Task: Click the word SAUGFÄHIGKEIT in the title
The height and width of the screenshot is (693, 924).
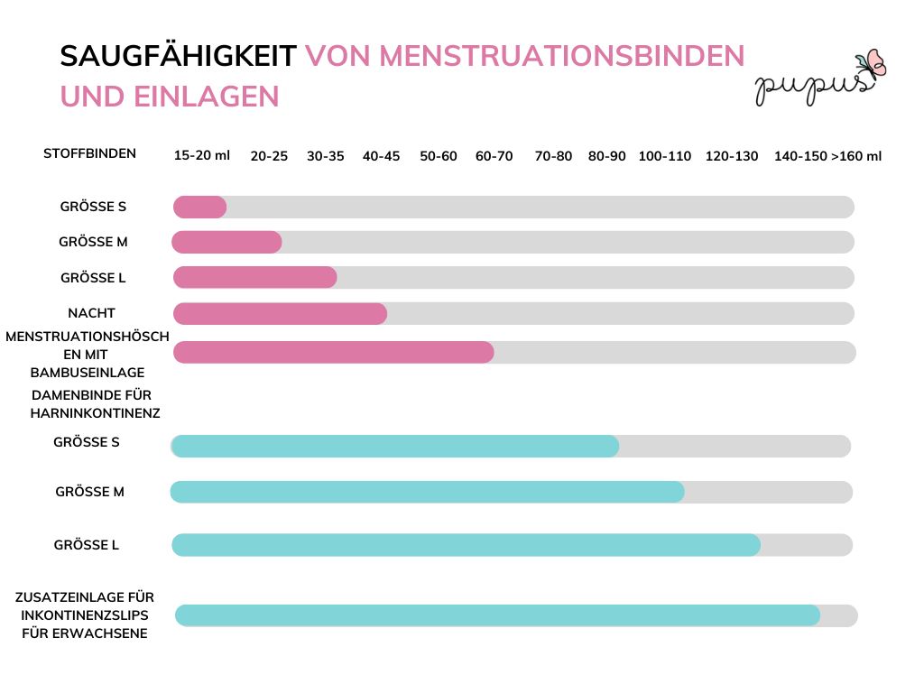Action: pyautogui.click(x=178, y=56)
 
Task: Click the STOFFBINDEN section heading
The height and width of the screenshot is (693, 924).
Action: pyautogui.click(x=89, y=153)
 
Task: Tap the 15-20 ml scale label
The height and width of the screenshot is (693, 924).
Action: pyautogui.click(x=202, y=155)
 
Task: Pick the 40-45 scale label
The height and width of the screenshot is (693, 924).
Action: pyautogui.click(x=381, y=156)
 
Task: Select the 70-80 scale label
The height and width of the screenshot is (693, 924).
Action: pyautogui.click(x=553, y=156)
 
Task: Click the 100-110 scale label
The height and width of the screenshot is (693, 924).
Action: pyautogui.click(x=664, y=156)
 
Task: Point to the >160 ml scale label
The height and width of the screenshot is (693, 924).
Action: pyautogui.click(x=856, y=156)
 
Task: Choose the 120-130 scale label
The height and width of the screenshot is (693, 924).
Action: pyautogui.click(x=732, y=156)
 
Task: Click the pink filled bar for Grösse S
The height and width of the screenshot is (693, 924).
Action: pyautogui.click(x=199, y=207)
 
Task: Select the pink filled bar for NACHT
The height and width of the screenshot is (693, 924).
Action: pyautogui.click(x=280, y=313)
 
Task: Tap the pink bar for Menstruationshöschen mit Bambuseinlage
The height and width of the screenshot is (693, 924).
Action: pyautogui.click(x=333, y=352)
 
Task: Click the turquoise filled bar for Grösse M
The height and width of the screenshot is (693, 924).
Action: pyautogui.click(x=427, y=492)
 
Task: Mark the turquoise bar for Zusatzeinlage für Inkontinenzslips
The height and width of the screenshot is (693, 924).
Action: pyautogui.click(x=497, y=615)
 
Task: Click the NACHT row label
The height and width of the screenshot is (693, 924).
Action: pyautogui.click(x=91, y=313)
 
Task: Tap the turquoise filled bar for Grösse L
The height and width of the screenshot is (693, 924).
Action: pyautogui.click(x=466, y=545)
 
